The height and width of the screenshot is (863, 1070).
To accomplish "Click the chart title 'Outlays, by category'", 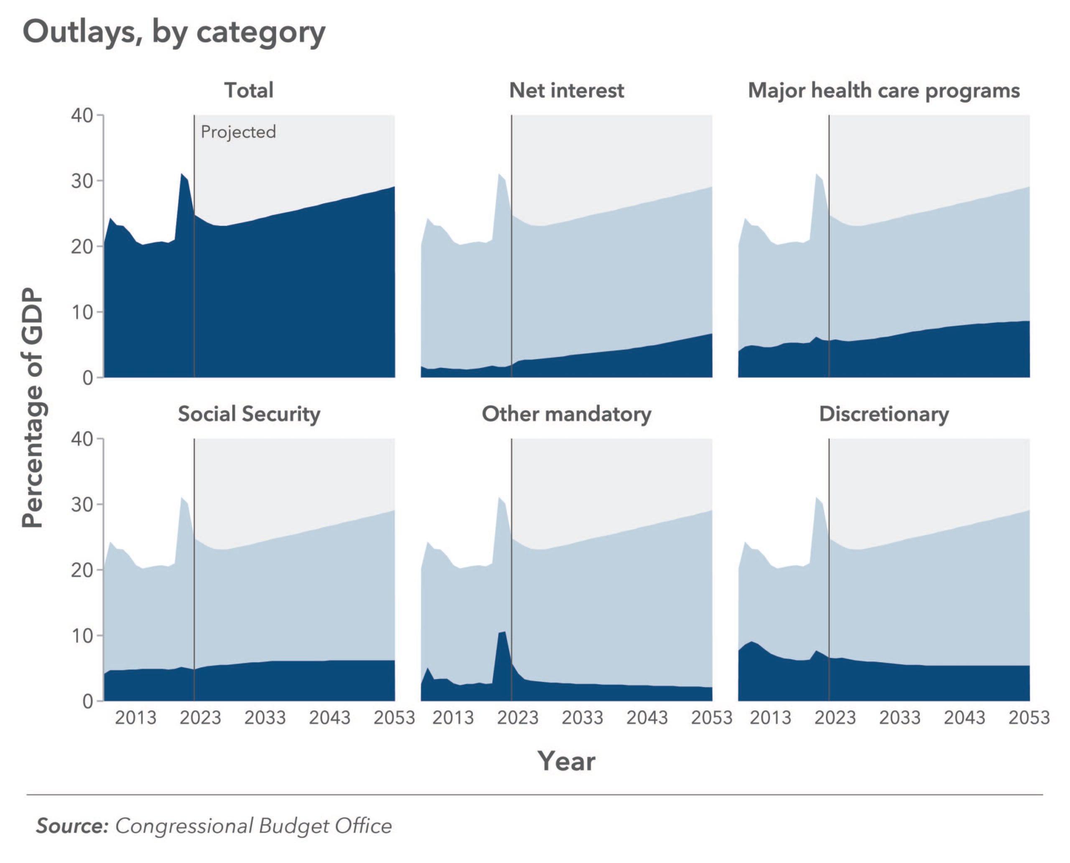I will coord(174,33).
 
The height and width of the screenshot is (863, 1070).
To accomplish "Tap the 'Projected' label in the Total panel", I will coord(238,132).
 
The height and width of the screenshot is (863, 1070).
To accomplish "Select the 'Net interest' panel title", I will coord(567,90).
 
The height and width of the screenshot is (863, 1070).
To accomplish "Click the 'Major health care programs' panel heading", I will coord(884,90).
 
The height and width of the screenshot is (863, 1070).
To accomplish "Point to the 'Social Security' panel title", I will coord(249,414).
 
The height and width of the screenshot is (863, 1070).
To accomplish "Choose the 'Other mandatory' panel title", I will coord(567,414).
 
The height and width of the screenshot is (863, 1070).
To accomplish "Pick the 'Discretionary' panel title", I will coord(884,414).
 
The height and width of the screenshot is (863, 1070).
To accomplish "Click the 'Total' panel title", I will coord(249,90).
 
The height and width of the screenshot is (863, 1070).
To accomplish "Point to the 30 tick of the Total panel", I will coord(82,181).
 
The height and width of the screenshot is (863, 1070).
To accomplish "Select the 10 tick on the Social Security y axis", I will coord(82,636).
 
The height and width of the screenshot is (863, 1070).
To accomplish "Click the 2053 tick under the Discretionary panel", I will coord(1029,718).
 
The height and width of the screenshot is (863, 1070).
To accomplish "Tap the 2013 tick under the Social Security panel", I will coord(136,718).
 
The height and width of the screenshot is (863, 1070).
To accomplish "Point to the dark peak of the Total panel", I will coord(182,174).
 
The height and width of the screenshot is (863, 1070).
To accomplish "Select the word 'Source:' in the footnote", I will coord(72,826).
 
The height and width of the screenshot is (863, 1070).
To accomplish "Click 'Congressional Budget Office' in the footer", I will coord(253,826).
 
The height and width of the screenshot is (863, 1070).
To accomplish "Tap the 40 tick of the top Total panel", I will coord(82,115).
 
